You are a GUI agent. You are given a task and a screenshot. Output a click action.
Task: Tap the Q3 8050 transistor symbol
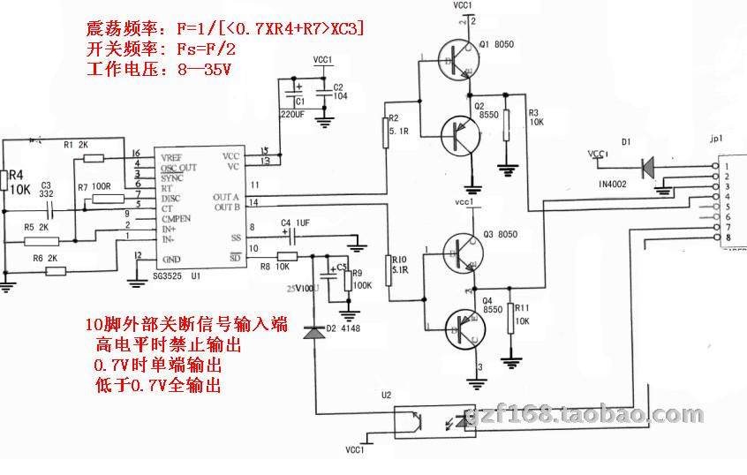pos(459,251)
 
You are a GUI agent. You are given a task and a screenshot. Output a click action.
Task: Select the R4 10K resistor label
pos(20,180)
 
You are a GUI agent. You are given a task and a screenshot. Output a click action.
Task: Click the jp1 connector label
pos(716,139)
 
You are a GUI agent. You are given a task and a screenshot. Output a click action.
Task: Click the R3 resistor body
pos(506,129)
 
